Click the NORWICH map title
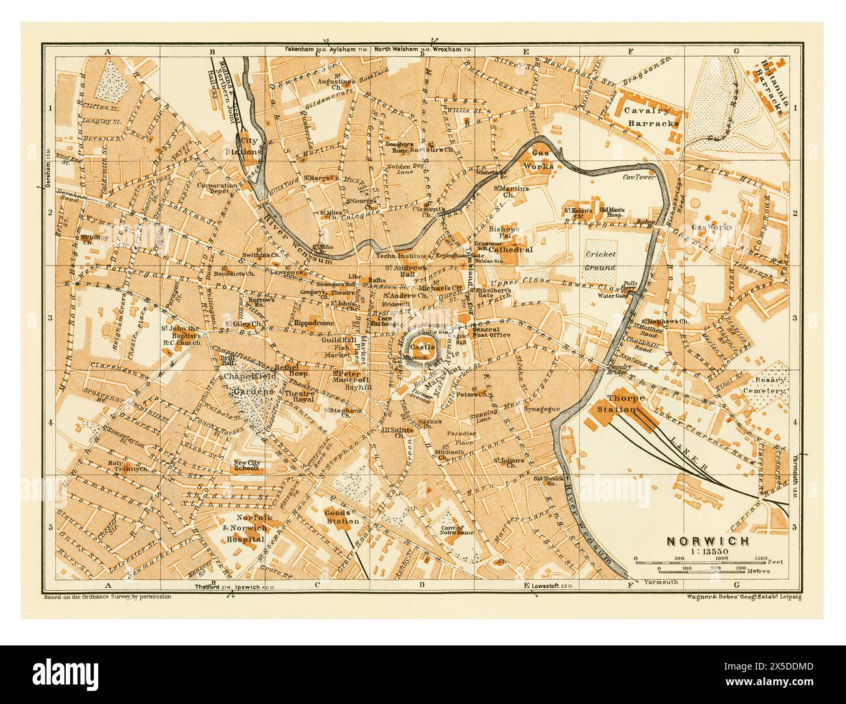pyautogui.click(x=707, y=541)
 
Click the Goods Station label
pyautogui.click(x=342, y=516)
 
